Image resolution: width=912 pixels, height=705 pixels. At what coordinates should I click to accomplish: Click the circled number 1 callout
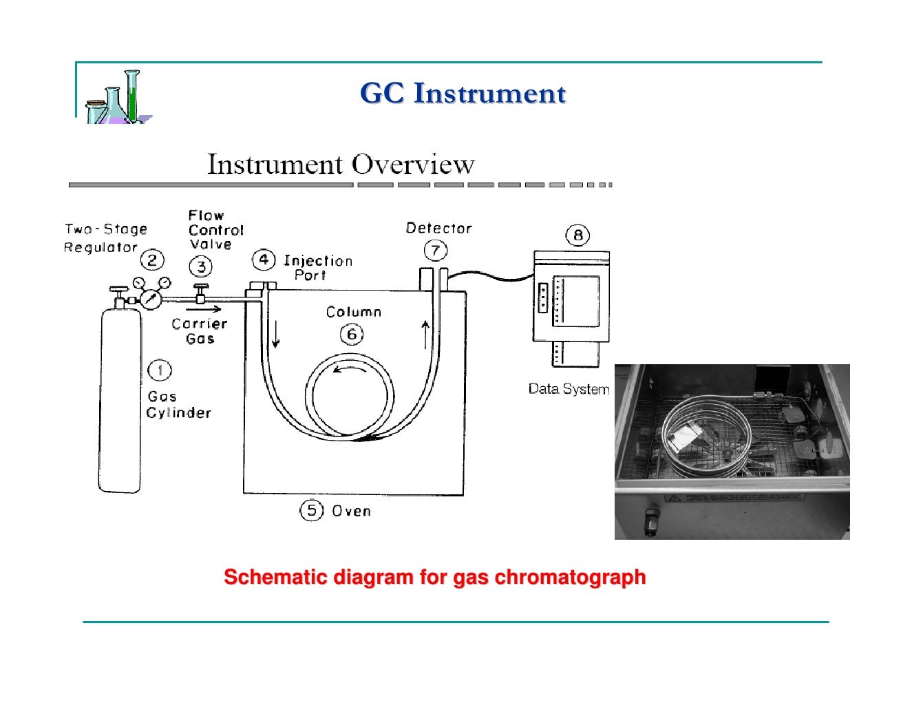click(160, 370)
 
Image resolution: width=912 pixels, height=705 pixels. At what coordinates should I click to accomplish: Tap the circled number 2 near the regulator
click(152, 260)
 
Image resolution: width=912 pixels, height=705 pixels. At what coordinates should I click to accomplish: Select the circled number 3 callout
click(201, 266)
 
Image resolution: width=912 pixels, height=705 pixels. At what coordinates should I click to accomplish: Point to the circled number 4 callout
click(264, 260)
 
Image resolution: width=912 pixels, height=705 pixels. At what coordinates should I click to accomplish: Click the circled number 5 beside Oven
click(311, 510)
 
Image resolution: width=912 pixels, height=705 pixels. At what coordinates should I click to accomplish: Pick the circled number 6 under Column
click(352, 335)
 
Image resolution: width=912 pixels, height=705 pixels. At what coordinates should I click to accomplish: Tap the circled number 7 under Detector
click(435, 250)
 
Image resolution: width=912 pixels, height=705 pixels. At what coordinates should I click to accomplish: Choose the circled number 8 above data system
click(577, 235)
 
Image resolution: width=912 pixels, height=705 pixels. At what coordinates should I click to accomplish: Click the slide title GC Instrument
click(463, 94)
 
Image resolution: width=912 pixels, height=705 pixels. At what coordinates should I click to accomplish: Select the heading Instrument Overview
click(341, 165)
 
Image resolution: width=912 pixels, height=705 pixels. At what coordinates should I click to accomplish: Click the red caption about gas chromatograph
click(435, 577)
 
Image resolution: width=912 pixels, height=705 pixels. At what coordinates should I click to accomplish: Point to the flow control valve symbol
click(201, 293)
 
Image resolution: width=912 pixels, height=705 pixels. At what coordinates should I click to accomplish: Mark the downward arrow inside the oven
click(276, 335)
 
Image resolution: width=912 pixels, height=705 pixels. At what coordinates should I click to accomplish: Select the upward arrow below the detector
click(425, 335)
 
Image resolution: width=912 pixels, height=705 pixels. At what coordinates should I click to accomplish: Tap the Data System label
click(569, 389)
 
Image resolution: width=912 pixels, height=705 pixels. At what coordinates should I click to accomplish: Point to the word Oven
click(351, 511)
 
